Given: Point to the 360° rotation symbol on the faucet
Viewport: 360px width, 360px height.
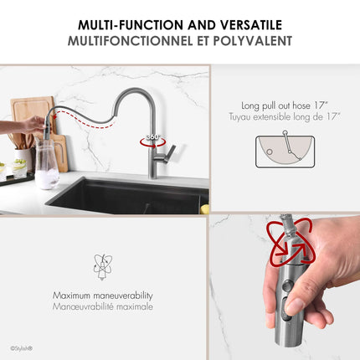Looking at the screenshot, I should click(152, 141).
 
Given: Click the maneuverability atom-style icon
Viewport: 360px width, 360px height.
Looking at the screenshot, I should click(103, 266).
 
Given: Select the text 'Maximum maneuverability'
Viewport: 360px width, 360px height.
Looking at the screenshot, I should click(103, 296).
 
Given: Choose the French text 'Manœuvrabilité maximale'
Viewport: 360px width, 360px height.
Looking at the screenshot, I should click(103, 306).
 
